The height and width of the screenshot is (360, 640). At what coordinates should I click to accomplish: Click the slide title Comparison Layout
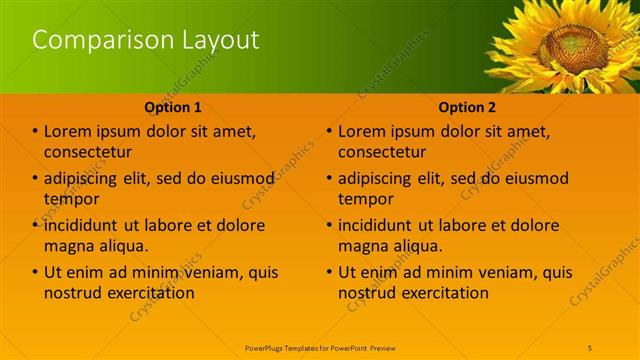point(146,40)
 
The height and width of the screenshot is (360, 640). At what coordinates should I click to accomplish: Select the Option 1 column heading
point(173,107)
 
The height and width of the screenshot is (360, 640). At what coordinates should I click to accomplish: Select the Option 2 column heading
point(467,107)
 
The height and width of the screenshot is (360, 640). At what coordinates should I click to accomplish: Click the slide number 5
point(591,347)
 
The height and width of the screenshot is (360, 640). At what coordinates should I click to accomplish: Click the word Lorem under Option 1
point(68,131)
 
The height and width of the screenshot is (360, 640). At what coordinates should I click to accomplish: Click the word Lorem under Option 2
point(362,131)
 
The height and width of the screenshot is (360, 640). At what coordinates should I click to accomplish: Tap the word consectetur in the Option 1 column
point(88,153)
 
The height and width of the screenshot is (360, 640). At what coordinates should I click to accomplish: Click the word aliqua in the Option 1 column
point(123,246)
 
